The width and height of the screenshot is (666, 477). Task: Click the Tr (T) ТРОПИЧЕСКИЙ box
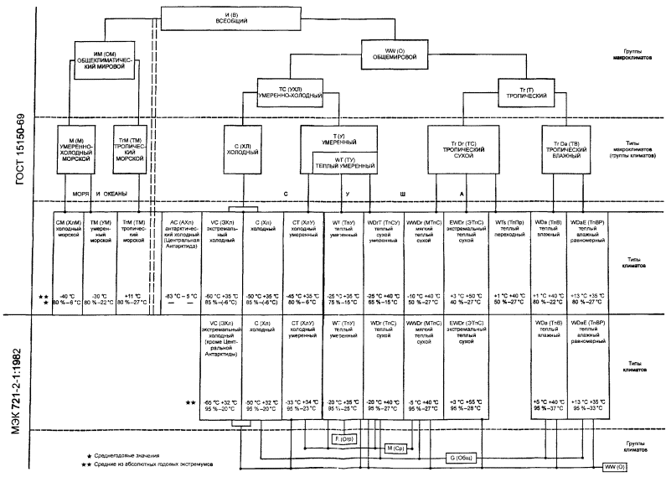tap(520, 91)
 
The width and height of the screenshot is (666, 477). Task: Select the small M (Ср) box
tap(395, 449)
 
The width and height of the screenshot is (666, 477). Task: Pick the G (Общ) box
tap(458, 459)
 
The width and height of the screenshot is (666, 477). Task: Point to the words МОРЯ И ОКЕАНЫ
tap(100, 194)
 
